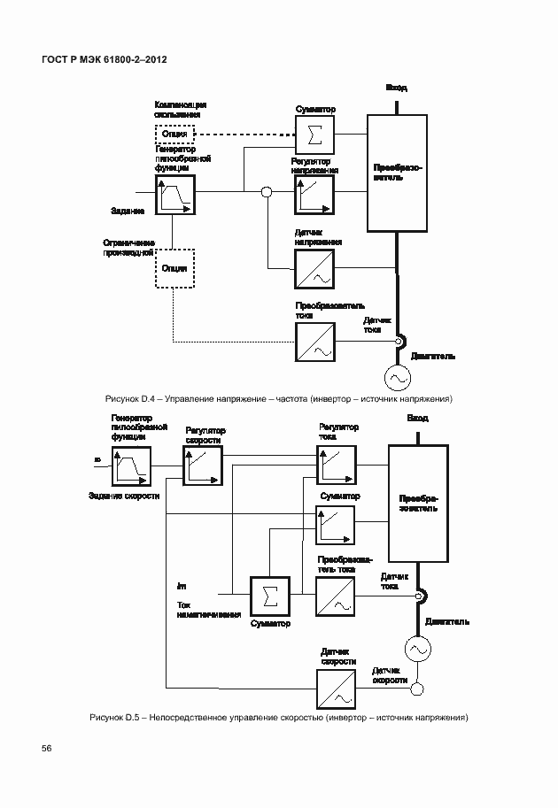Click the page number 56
pyautogui.click(x=47, y=749)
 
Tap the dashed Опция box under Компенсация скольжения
pyautogui.click(x=174, y=134)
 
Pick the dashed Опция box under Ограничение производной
pyautogui.click(x=174, y=268)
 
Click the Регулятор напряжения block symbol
pyautogui.click(x=313, y=195)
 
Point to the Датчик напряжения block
pyautogui.click(x=313, y=268)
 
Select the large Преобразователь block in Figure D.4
pyautogui.click(x=394, y=173)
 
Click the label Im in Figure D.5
pyautogui.click(x=182, y=586)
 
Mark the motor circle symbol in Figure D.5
pyautogui.click(x=417, y=649)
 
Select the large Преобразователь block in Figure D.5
pyautogui.click(x=417, y=504)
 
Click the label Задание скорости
pyautogui.click(x=124, y=496)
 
